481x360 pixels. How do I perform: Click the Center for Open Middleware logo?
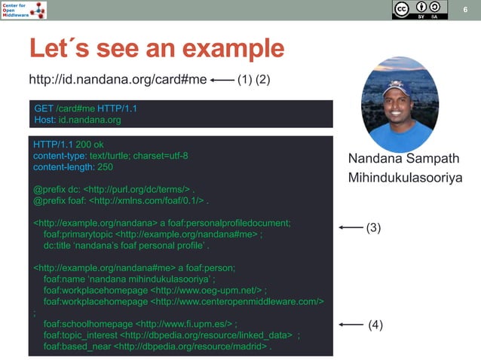[23, 10]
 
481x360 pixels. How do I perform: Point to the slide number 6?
[466, 9]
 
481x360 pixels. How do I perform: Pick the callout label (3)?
[374, 227]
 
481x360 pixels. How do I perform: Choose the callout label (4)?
[375, 325]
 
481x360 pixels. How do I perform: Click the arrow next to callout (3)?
[350, 227]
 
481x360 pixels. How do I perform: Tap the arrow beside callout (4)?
[351, 325]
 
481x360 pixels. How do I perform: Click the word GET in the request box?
[44, 108]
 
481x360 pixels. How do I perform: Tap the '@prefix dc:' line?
[57, 191]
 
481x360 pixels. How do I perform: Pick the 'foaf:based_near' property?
[77, 347]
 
